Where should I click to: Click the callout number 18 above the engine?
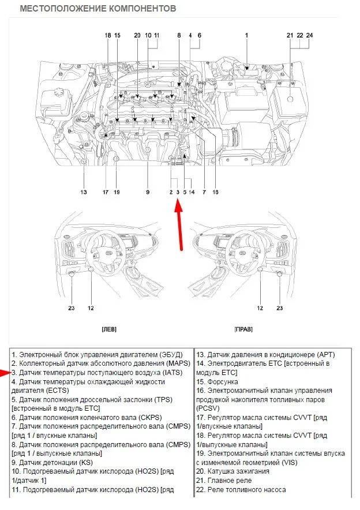[108, 35]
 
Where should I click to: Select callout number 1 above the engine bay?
[246, 35]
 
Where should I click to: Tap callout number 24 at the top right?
[310, 35]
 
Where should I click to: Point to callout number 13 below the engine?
[84, 192]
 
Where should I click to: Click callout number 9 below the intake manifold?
[148, 192]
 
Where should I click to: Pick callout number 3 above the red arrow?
[178, 192]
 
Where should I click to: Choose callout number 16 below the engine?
[215, 192]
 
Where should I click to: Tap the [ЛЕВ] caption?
[109, 329]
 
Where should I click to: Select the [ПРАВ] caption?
[243, 329]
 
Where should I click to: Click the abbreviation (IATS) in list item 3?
[171, 373]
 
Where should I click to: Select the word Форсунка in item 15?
[223, 381]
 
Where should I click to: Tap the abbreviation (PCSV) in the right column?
[208, 408]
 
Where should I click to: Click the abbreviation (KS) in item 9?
[86, 462]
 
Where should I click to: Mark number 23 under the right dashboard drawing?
[280, 308]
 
